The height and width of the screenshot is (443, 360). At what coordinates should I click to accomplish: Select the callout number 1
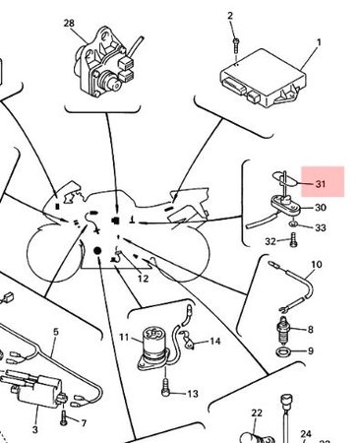point(318,44)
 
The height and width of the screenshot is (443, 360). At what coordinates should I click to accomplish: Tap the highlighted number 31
point(320,183)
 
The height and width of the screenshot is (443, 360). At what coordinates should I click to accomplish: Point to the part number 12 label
point(143,280)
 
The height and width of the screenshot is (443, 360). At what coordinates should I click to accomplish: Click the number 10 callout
point(316,265)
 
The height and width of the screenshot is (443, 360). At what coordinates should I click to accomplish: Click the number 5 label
point(55,333)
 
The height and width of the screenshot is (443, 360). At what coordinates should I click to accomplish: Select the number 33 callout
point(321,227)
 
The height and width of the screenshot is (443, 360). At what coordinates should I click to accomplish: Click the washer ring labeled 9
point(283,350)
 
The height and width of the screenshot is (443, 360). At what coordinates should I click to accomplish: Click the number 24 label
point(305,433)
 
